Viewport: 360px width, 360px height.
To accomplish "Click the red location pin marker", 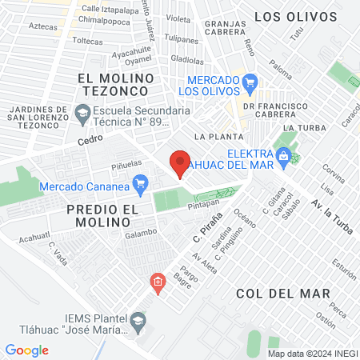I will pyautogui.click(x=181, y=163).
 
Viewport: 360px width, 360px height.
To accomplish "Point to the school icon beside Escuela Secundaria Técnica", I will pyautogui.click(x=82, y=115).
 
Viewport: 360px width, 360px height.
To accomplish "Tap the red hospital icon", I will pyautogui.click(x=158, y=282).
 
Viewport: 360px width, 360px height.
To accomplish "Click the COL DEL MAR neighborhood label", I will pyautogui.click(x=283, y=294).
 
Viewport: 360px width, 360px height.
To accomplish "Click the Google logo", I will pyautogui.click(x=27, y=350).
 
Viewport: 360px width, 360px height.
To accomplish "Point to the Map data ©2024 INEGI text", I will pyautogui.click(x=312, y=354).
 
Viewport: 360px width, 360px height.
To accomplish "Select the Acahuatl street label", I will pyautogui.click(x=35, y=237).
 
